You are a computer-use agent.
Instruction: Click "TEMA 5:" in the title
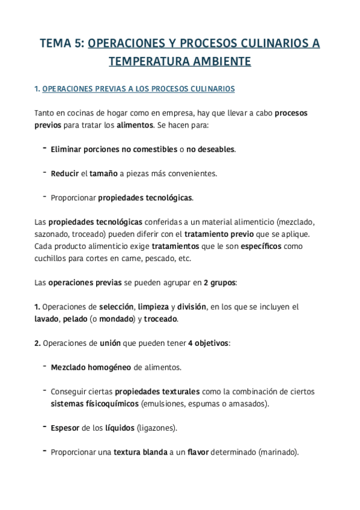coord(62,43)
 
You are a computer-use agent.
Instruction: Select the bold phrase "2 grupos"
coord(219,282)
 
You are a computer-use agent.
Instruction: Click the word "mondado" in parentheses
coord(113,319)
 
